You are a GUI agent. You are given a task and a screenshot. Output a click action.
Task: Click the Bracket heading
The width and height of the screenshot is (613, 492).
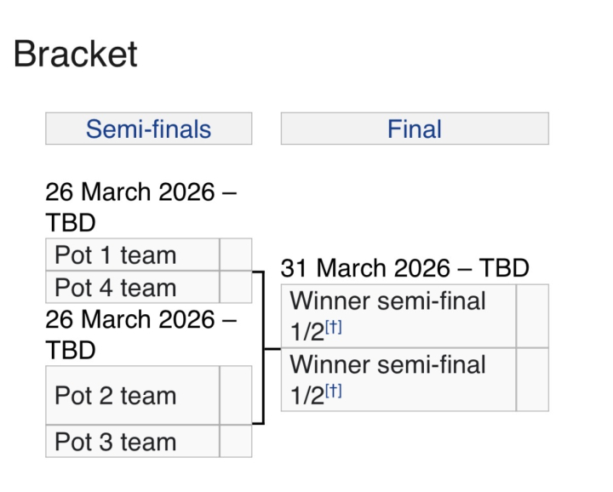pos(76,54)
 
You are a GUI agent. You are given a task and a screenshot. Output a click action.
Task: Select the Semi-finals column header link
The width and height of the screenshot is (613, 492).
pos(148,129)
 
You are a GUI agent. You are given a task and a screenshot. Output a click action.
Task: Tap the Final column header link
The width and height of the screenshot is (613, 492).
pos(415,129)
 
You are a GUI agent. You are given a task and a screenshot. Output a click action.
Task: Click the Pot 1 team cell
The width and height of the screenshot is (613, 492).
pos(133,255)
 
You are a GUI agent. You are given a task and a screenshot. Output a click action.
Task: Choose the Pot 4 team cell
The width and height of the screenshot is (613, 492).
pos(133,287)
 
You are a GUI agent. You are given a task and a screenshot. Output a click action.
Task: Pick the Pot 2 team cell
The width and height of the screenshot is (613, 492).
pos(133,395)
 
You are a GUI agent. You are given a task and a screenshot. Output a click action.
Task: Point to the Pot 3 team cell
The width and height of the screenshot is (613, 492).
pos(133,441)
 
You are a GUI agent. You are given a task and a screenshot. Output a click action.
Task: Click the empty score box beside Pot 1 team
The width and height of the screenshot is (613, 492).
pos(236,255)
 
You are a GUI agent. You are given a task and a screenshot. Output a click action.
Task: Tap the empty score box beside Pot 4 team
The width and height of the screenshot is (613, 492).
pos(236,287)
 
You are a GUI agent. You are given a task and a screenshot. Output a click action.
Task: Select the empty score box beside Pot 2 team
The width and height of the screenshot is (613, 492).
pos(236,395)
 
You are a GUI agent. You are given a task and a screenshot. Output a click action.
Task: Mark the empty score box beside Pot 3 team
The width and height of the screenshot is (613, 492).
pos(236,441)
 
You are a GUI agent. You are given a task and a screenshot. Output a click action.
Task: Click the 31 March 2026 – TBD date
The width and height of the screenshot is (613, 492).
pos(405,268)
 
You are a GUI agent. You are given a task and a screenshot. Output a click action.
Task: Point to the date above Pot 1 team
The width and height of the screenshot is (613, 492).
pos(141,207)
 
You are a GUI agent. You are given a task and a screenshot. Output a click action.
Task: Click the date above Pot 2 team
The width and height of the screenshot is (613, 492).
pos(141,335)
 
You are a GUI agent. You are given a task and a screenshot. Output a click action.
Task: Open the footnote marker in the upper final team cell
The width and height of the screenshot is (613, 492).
pos(334,327)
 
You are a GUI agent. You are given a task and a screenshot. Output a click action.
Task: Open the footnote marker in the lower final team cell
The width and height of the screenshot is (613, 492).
pos(334,391)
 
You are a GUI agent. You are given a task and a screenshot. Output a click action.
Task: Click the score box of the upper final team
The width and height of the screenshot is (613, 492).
pos(532,316)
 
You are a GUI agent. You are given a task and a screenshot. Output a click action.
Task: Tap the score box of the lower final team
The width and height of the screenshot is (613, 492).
pos(532,380)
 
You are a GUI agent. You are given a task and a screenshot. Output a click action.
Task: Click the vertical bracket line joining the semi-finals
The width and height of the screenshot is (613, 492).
pos(263,347)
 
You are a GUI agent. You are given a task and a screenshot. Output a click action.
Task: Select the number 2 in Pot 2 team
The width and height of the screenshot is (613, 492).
pos(106,396)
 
